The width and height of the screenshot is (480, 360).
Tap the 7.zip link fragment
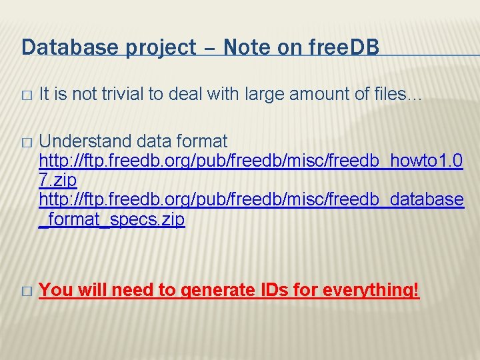pyautogui.click(x=58, y=180)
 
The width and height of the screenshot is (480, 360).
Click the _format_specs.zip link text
pyautogui.click(x=112, y=219)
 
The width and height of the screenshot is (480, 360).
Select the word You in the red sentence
pyautogui.click(x=55, y=290)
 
